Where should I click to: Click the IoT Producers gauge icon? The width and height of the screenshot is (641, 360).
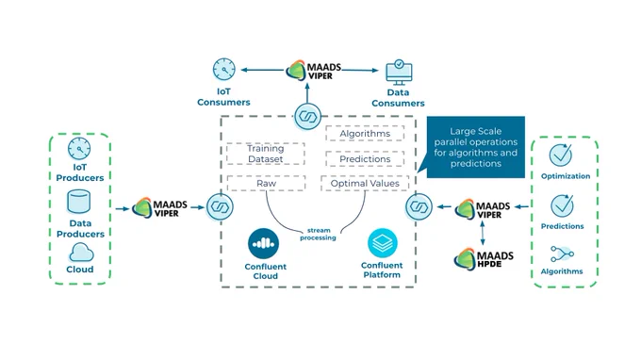click(79, 149)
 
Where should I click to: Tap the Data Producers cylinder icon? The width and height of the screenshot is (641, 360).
click(79, 202)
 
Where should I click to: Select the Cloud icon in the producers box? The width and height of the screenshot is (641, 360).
click(81, 253)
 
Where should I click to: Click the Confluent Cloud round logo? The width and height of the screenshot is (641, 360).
click(264, 244)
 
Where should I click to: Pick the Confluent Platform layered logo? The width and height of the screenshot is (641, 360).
click(382, 243)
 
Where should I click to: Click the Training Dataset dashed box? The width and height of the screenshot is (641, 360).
click(266, 154)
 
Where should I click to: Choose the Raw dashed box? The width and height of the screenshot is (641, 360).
click(266, 184)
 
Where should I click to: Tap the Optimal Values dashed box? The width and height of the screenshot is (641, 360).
click(365, 184)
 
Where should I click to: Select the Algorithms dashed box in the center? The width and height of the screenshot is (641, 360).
click(365, 134)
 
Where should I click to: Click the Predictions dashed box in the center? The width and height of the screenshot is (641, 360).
click(365, 159)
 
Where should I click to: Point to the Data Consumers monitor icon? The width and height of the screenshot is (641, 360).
click(399, 73)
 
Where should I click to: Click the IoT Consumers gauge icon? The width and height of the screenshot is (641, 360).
click(224, 70)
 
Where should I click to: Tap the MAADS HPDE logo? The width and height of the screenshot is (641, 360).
click(484, 259)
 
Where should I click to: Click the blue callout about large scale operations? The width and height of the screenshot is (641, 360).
click(476, 147)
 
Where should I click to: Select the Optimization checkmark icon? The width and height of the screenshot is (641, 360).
click(561, 155)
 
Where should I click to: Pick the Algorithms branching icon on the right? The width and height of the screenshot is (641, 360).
click(562, 254)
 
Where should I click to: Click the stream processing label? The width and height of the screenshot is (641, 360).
click(318, 234)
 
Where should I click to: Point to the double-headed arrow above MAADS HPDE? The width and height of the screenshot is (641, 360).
click(483, 233)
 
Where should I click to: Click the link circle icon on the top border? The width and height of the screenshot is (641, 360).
click(308, 117)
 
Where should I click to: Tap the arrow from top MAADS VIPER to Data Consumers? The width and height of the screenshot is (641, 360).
click(360, 71)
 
